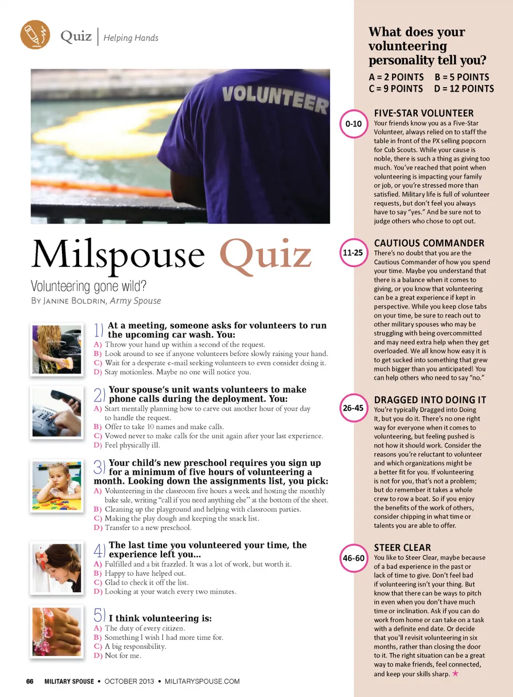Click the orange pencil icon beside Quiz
(x=35, y=35)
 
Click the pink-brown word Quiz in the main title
(x=265, y=255)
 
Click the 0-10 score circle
(x=353, y=124)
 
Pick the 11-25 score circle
(x=353, y=253)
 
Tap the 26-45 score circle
(x=353, y=408)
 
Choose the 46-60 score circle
(x=353, y=558)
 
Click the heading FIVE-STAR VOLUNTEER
(x=423, y=113)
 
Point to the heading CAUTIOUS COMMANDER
(x=429, y=243)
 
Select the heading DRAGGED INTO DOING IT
(x=430, y=400)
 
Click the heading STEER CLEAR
(x=402, y=547)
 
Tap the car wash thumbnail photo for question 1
(x=57, y=349)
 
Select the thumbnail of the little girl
(x=57, y=485)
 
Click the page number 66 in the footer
(x=30, y=682)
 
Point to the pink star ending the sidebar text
(x=455, y=673)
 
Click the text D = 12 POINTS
(x=464, y=89)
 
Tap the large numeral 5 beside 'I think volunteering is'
(x=99, y=615)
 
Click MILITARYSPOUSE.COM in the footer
(x=202, y=682)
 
